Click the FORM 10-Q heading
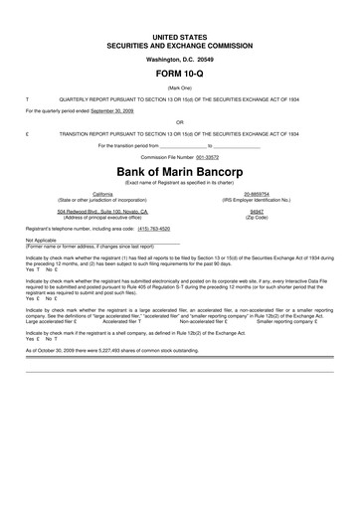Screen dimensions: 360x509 pyautogui.click(x=180, y=75)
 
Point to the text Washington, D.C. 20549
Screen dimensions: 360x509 pyautogui.click(x=180, y=59)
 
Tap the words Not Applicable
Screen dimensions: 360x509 pyautogui.click(x=42, y=240)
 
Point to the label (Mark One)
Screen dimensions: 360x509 pyautogui.click(x=180, y=88)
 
